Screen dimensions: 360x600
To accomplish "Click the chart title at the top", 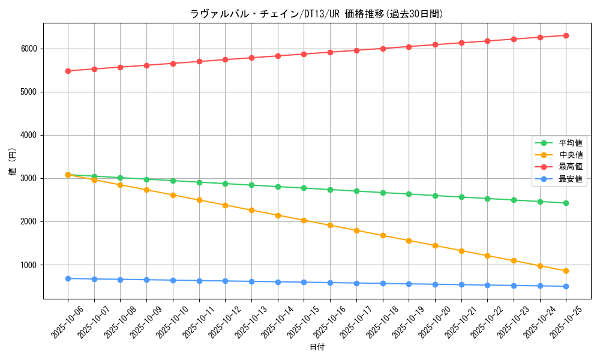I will pyautogui.click(x=316, y=14).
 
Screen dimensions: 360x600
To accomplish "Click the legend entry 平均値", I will pyautogui.click(x=571, y=143).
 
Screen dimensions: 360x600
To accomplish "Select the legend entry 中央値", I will pyautogui.click(x=571, y=155).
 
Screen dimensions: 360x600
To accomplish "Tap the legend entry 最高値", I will pyautogui.click(x=571, y=167).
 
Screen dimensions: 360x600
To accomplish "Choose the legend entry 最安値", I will pyautogui.click(x=571, y=179).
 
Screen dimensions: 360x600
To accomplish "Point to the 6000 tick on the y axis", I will pyautogui.click(x=28, y=49).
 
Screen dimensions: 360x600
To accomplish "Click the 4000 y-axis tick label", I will pyautogui.click(x=28, y=135).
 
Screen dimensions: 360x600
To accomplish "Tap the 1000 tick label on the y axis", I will pyautogui.click(x=28, y=265).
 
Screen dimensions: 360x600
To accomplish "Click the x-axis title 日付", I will pyautogui.click(x=316, y=347).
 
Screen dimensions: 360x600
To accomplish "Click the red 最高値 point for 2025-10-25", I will pyautogui.click(x=566, y=35).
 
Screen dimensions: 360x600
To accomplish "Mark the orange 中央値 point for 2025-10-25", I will pyautogui.click(x=566, y=271).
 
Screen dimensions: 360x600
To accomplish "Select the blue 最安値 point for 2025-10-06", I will pyautogui.click(x=68, y=278).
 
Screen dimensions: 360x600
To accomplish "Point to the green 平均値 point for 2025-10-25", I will pyautogui.click(x=566, y=203).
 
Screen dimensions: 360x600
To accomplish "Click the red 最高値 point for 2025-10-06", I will pyautogui.click(x=68, y=71).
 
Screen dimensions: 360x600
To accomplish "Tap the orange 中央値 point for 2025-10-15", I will pyautogui.click(x=304, y=220).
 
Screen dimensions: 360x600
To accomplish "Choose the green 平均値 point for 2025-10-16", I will pyautogui.click(x=330, y=190).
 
